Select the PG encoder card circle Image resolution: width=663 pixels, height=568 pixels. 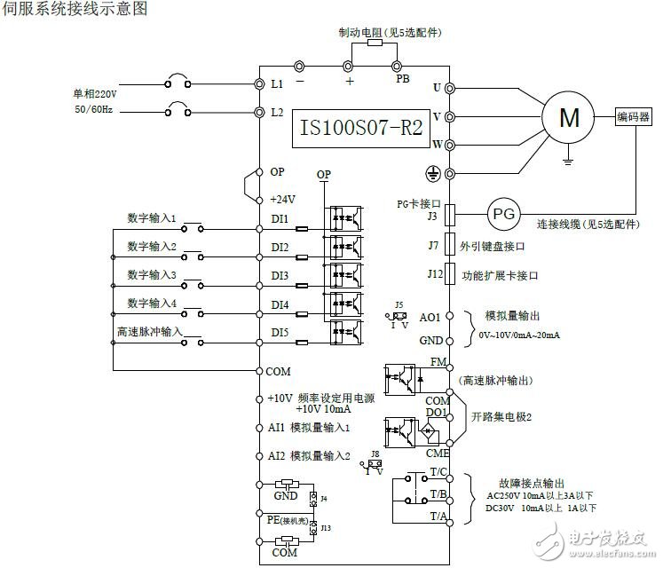point(503,214)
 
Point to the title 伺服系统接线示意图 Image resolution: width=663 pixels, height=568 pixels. point(75,9)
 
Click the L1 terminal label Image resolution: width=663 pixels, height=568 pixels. point(277,84)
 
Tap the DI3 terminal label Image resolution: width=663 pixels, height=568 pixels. point(280,276)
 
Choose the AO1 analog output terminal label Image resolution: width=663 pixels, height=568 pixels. point(430,317)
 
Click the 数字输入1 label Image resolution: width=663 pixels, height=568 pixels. point(152,217)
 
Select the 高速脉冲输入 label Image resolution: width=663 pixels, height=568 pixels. point(148,331)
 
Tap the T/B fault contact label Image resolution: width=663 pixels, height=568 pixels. point(438,493)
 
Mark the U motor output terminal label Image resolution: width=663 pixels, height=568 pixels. point(436,87)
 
